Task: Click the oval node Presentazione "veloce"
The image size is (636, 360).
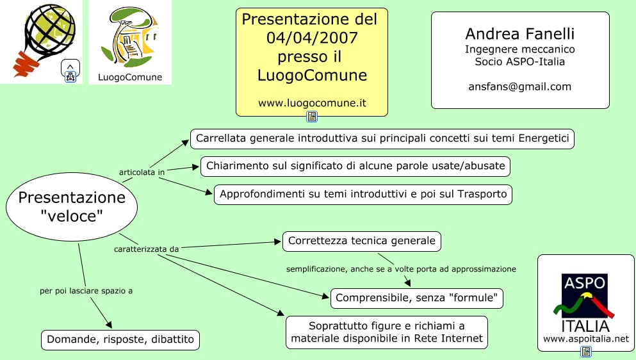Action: coord(72,207)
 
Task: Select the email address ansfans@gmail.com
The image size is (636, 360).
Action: coord(519,86)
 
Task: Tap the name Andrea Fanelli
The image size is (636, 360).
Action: coord(519,33)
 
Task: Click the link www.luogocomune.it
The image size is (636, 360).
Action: coord(312,102)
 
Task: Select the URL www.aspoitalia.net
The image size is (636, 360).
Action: coord(585,338)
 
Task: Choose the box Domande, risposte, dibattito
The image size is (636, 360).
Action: coord(120,340)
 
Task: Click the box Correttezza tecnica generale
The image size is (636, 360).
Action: coord(362,241)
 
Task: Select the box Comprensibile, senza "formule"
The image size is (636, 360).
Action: coord(417,298)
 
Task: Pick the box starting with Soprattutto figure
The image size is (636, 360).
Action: coord(387,332)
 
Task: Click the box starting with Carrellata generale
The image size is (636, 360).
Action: coord(382,138)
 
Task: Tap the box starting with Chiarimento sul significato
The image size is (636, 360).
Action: coord(355,166)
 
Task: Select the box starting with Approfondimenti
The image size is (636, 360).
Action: coord(363,194)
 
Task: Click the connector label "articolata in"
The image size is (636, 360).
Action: coord(142,172)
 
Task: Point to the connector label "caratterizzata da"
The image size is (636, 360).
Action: coord(147,248)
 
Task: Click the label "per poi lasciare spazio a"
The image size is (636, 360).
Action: coord(86,291)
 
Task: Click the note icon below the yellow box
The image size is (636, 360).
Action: coord(312,117)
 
